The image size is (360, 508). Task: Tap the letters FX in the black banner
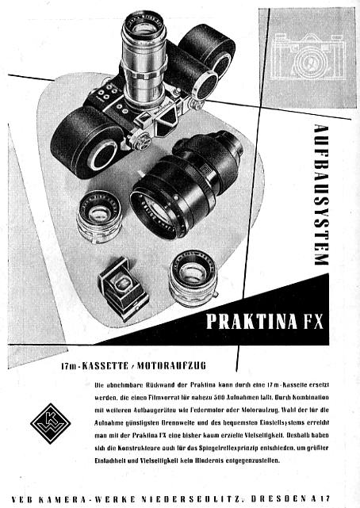pyautogui.click(x=312, y=321)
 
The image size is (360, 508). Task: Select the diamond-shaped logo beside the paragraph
pyautogui.click(x=50, y=423)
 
